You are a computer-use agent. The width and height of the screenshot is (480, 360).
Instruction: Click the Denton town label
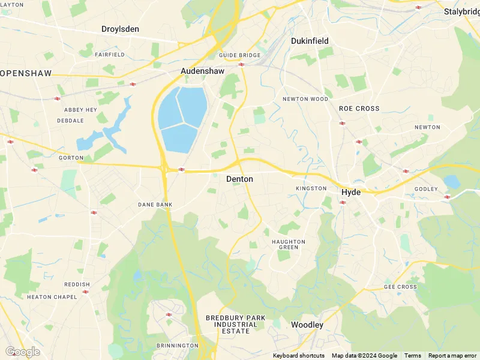coord(239,179)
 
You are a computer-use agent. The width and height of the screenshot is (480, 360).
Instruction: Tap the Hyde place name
coord(350,193)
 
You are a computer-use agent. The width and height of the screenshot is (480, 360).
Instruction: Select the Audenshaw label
coord(202,71)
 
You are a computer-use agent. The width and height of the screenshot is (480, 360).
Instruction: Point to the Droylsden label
coord(120,29)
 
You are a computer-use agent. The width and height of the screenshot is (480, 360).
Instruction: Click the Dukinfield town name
coord(310,41)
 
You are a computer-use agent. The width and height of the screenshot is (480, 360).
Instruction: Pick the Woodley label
coord(307,325)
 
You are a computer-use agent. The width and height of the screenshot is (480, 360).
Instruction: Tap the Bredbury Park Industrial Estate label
coord(231,324)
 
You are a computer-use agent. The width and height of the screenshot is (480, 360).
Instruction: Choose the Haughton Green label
coord(289,244)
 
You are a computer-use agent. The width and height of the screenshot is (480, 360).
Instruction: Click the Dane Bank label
coord(155,205)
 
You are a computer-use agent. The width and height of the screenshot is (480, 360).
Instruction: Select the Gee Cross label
coord(400,287)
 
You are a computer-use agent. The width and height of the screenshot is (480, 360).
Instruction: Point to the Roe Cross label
coord(359,109)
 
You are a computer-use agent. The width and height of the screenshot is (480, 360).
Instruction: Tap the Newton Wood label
coord(305,99)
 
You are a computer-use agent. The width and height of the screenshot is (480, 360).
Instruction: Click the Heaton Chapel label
coord(52,297)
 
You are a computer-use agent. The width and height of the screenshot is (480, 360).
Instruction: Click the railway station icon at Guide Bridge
coord(241,64)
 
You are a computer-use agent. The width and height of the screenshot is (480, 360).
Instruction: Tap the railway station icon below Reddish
coord(85,292)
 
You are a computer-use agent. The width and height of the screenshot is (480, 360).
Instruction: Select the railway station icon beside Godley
coord(447,197)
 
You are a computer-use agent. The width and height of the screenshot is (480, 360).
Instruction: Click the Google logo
coord(22,352)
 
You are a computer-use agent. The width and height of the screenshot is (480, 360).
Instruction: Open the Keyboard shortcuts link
coord(299,356)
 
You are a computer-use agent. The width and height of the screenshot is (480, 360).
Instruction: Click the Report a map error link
coord(452,356)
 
